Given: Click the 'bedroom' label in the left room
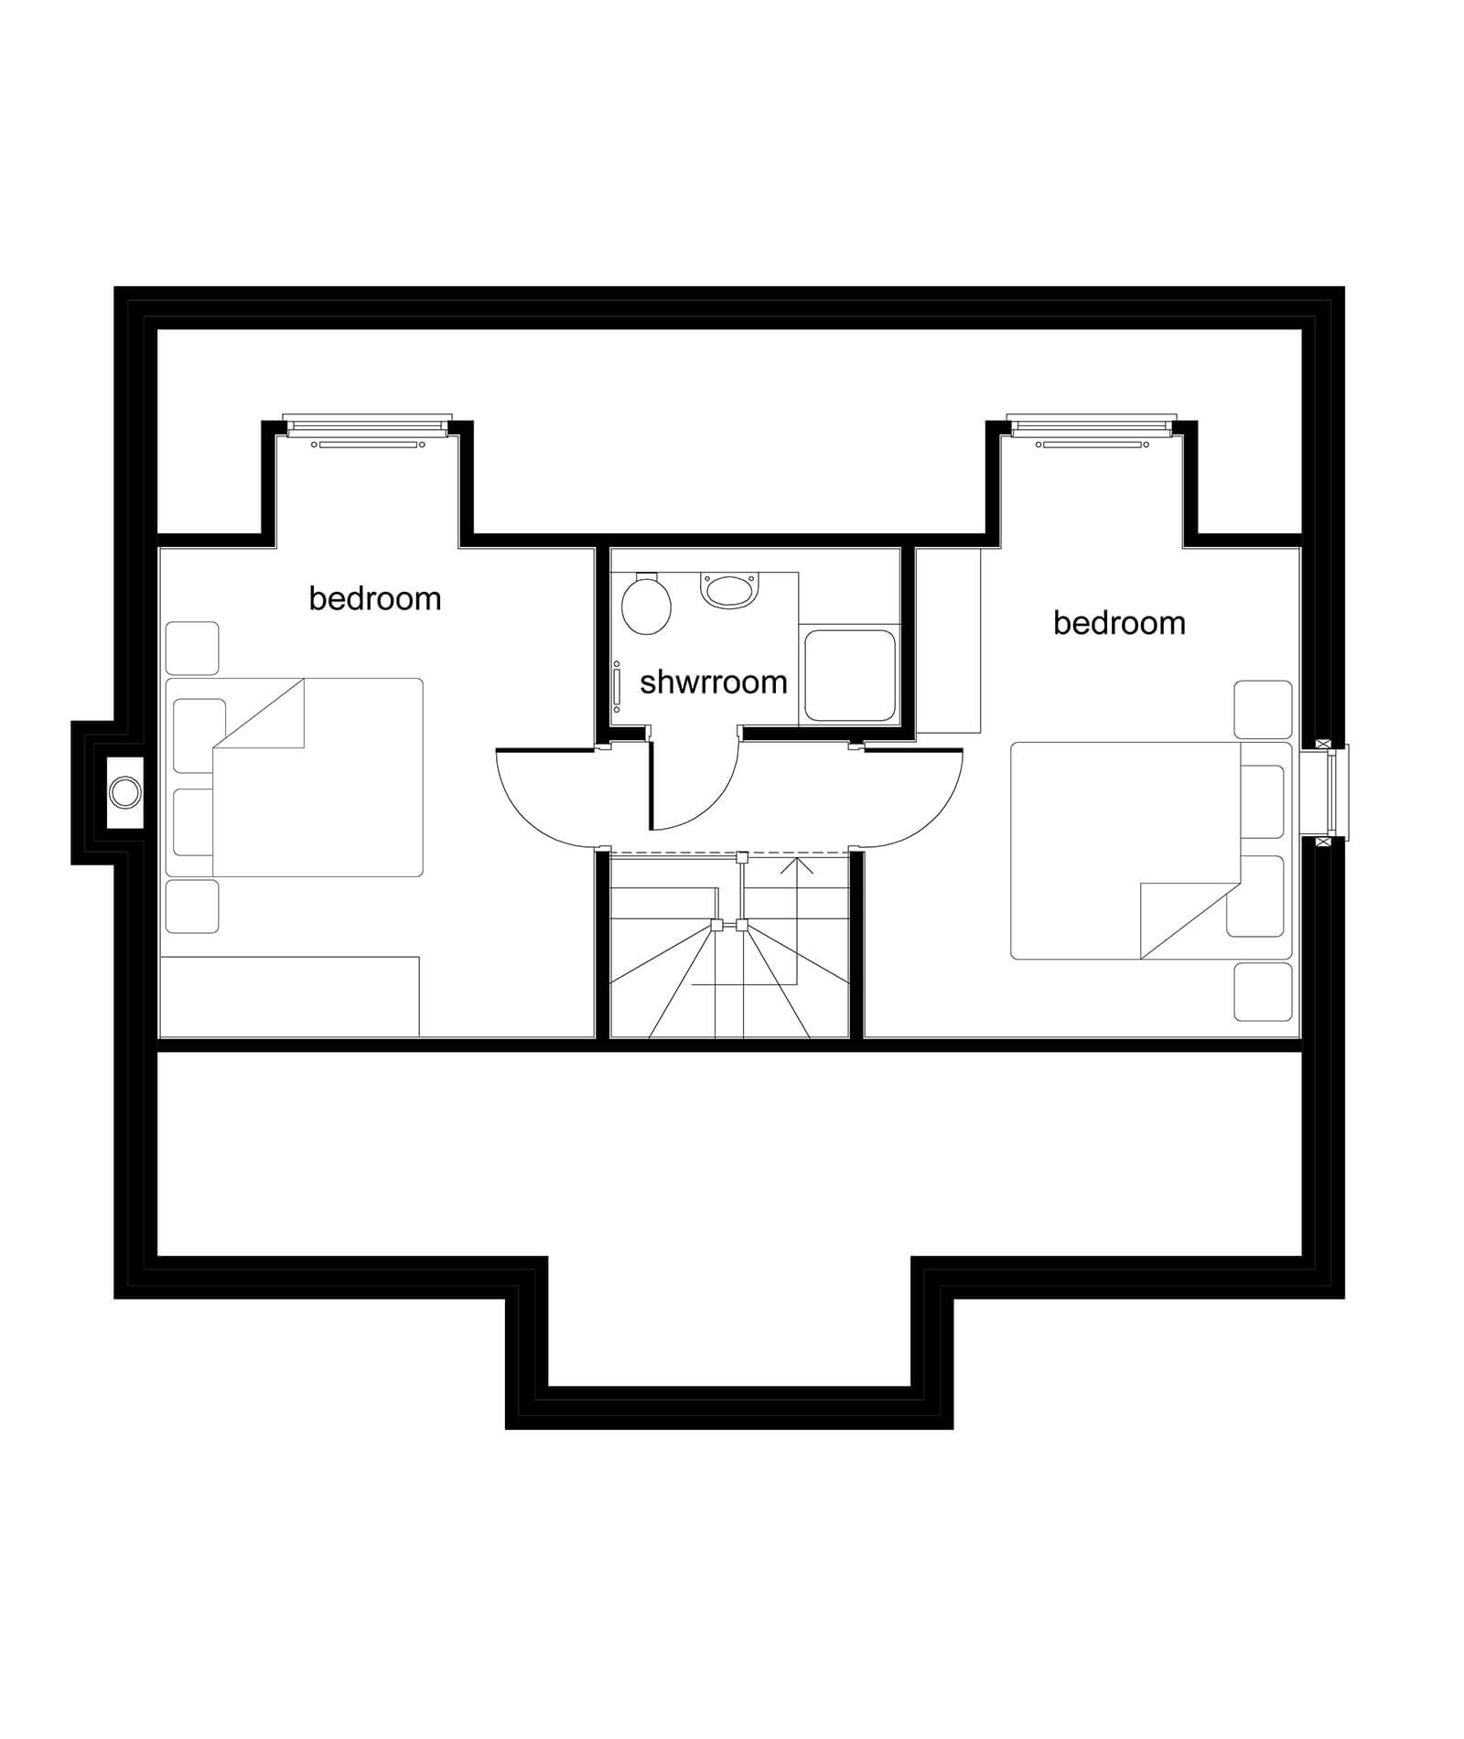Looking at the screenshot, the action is point(375,598).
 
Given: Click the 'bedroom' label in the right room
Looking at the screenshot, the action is point(1119,623).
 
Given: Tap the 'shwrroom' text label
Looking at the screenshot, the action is point(714,682).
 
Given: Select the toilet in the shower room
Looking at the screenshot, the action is point(646,604).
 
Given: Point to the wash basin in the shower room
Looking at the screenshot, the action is point(729,589).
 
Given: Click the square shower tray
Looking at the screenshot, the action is point(849,675).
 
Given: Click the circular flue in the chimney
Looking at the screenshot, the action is point(125,792).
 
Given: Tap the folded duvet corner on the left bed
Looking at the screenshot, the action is point(258,713).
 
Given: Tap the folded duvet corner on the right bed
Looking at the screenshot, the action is point(1190,921).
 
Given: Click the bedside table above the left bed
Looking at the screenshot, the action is point(192,649).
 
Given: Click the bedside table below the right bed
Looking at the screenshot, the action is point(1263,992).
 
